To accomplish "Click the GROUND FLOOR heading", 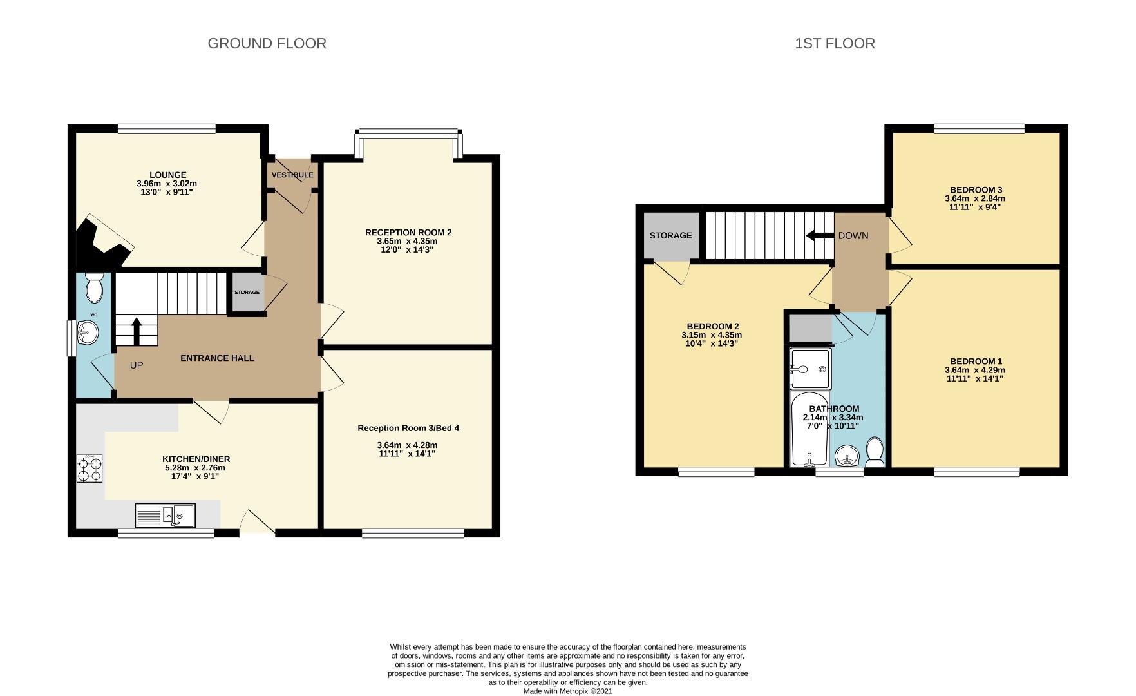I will point(267,43).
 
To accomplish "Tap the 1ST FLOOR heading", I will point(835,43).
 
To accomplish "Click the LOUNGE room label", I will point(168,175).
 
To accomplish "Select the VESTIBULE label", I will point(292,175).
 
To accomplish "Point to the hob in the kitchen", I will point(90,469).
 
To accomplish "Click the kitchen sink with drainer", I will point(166,516).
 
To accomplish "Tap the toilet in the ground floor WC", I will point(95,287).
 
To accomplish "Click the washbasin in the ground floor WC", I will point(87,334).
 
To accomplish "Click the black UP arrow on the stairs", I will point(137,331).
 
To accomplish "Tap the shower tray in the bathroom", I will point(811,369).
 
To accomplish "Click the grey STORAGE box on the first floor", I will point(670,235).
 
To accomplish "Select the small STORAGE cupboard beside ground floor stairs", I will point(247,292).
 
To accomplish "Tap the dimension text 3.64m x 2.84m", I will point(976,198).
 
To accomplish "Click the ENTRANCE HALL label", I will point(217,358).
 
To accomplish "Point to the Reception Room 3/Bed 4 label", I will point(408,428).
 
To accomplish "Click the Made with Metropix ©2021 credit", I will point(567,691).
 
